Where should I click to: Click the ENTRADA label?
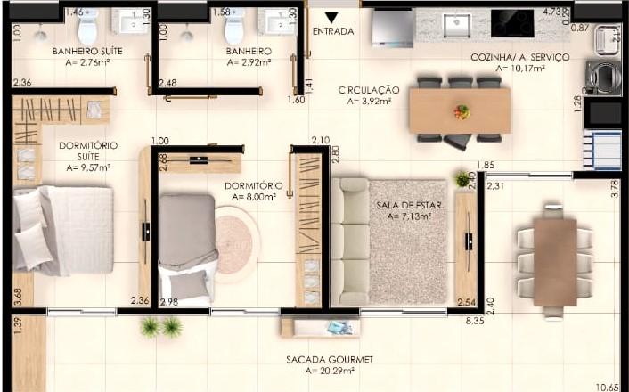[x=333, y=31]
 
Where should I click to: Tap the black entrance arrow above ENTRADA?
[x=331, y=18]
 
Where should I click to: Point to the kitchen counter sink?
[x=457, y=25]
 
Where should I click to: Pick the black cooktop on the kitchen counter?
[x=512, y=23]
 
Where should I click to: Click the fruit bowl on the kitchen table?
[x=462, y=112]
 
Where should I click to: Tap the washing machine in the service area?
[x=603, y=77]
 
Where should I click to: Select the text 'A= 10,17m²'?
[x=520, y=69]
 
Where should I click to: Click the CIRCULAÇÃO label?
[x=369, y=90]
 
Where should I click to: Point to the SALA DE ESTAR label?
[x=409, y=206]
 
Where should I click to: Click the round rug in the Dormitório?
[x=234, y=240]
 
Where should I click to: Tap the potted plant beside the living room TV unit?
[x=462, y=179]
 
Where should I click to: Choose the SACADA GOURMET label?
[x=330, y=360]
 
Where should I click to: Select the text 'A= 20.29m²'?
[x=330, y=372]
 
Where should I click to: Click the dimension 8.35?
[x=475, y=321]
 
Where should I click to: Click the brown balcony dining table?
[x=555, y=263]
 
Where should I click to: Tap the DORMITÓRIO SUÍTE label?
[x=88, y=151]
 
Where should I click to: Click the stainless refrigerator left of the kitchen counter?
[x=393, y=29]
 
